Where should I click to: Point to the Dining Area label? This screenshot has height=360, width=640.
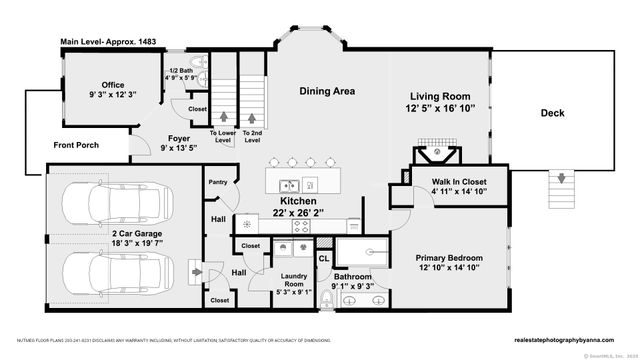click(327, 91)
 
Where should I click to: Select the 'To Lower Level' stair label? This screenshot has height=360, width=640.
click(222, 135)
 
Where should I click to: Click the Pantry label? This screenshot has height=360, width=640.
click(217, 182)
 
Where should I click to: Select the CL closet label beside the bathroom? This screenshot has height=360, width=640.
click(324, 257)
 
